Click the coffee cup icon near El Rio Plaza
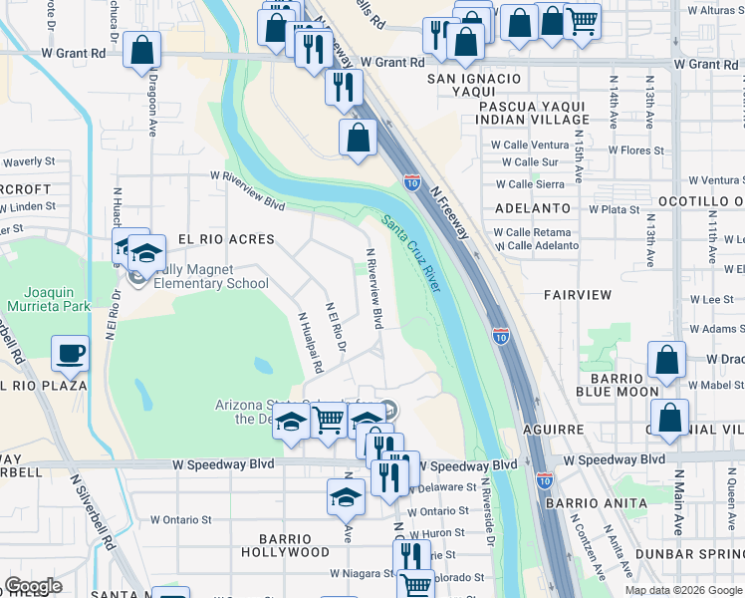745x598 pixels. (70, 353)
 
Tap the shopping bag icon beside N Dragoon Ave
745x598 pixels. (142, 49)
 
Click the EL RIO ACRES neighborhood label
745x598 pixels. (226, 240)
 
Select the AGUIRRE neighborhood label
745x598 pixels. (550, 430)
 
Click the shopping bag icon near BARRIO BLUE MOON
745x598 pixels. (666, 361)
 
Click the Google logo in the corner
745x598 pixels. (34, 586)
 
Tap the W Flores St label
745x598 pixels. (631, 151)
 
